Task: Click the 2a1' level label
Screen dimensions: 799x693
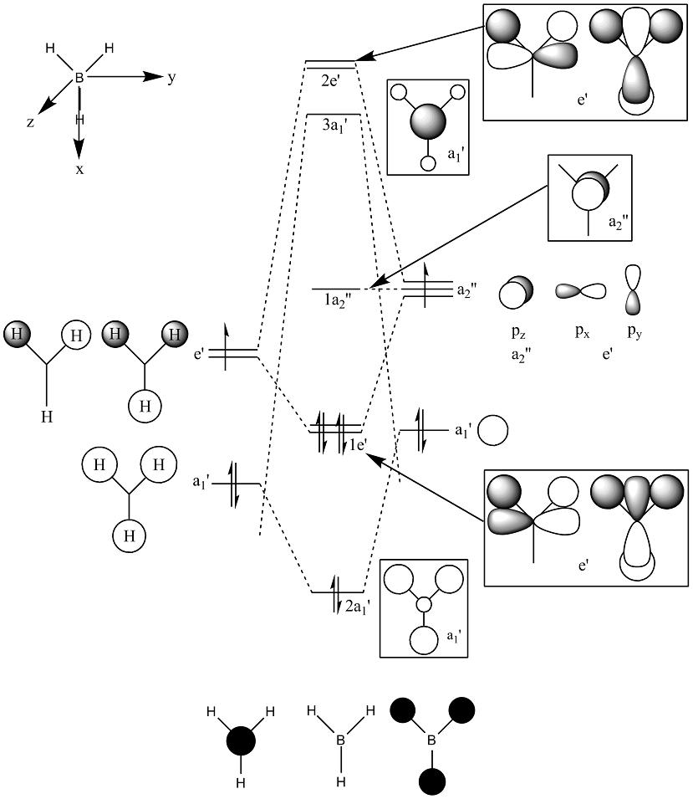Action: click(361, 607)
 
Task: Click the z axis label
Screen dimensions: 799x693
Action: click(30, 122)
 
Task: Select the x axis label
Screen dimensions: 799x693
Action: click(79, 169)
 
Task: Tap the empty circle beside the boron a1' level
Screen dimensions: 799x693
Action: click(493, 431)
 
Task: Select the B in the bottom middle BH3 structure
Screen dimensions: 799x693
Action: click(340, 740)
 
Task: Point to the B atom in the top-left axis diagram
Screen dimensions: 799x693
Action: click(80, 78)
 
